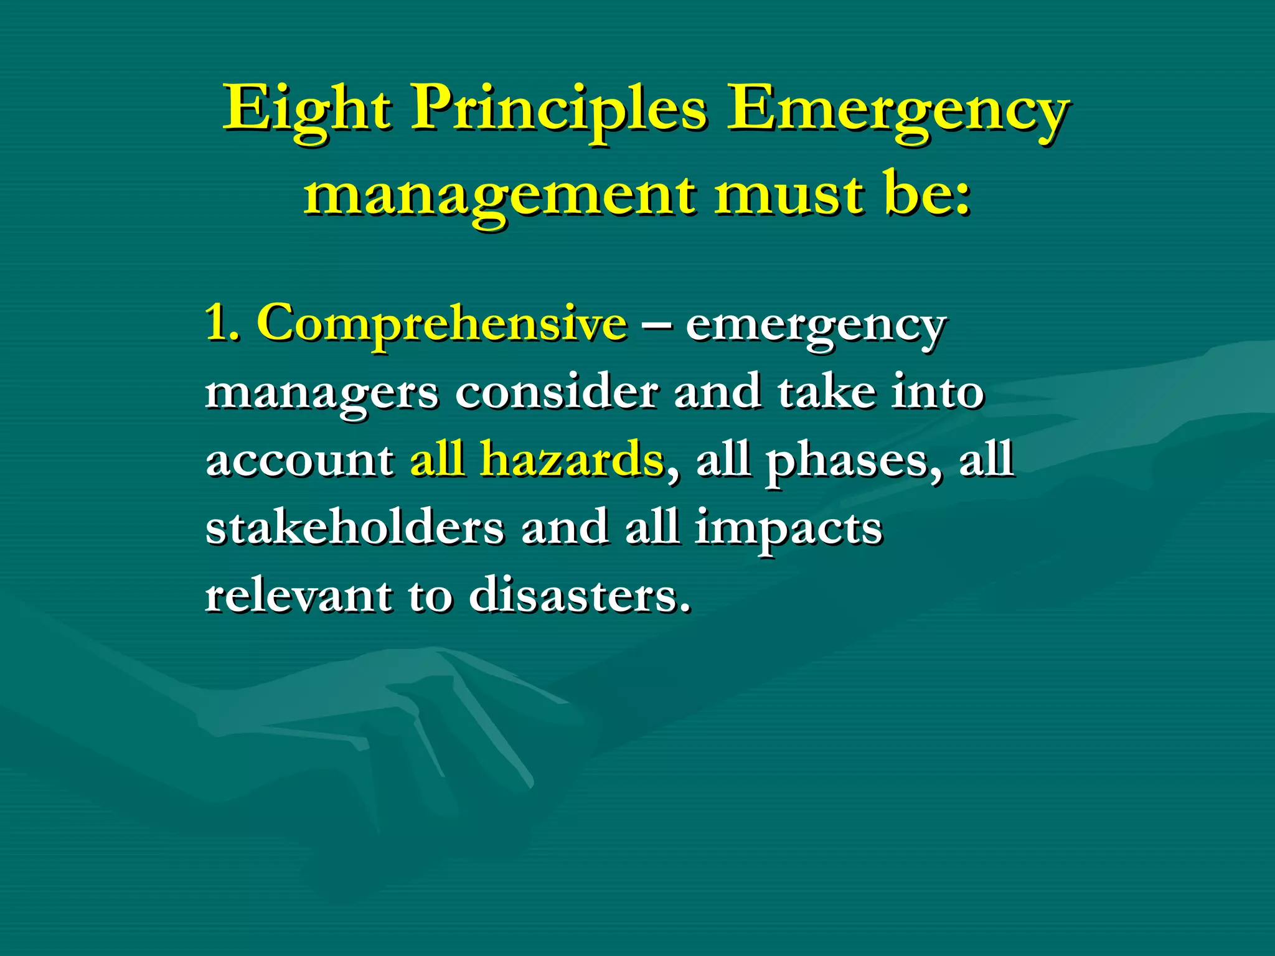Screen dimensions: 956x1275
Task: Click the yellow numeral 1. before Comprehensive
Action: click(x=222, y=323)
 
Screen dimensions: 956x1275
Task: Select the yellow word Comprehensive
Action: click(x=441, y=324)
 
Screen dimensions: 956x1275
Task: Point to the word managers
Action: click(x=321, y=394)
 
